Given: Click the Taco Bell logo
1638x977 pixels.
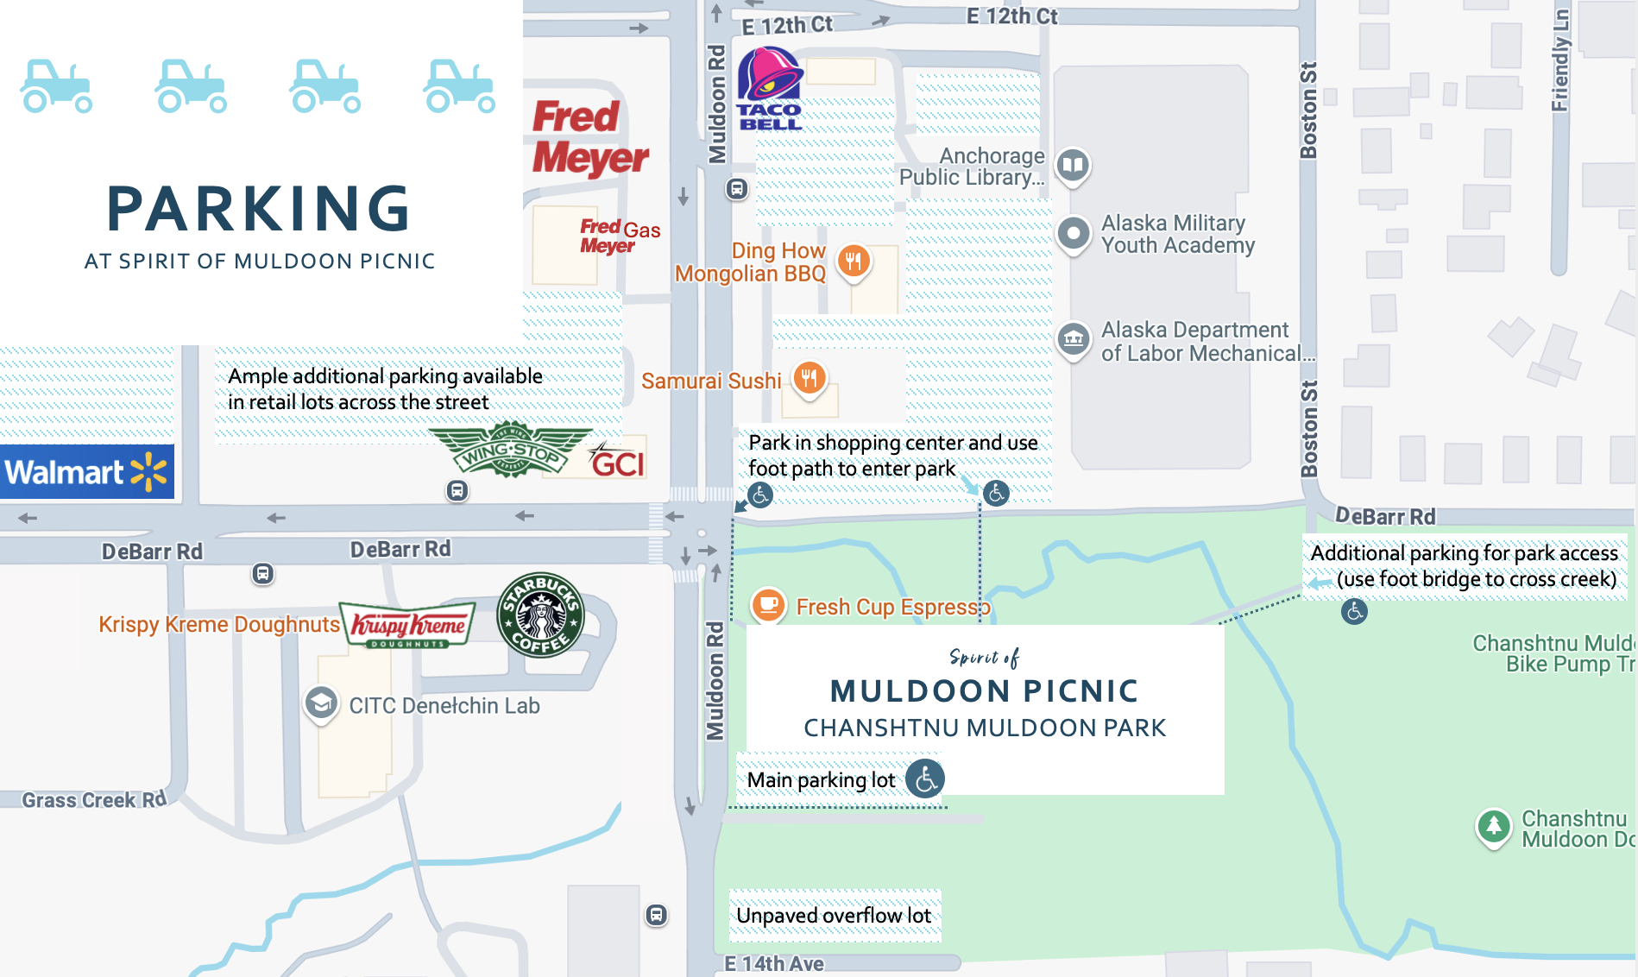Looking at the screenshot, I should [x=770, y=89].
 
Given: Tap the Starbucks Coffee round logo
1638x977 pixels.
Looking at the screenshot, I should [x=541, y=615].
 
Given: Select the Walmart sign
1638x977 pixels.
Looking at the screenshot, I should [x=86, y=472].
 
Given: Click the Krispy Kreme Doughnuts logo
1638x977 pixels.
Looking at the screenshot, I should [x=408, y=625].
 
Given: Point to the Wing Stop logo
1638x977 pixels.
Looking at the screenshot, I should [x=511, y=450].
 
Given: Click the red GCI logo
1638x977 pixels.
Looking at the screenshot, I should [x=617, y=462].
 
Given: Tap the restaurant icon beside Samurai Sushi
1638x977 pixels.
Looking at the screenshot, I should [x=810, y=377].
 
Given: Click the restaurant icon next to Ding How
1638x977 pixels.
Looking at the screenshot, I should [x=854, y=260].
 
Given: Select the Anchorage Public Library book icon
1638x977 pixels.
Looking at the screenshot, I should [x=1073, y=164].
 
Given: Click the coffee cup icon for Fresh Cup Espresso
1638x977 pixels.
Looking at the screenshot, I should [x=768, y=604].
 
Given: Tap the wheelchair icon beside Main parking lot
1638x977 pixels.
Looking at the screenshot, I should [x=925, y=778].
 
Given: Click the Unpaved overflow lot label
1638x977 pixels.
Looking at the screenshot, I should [x=834, y=916].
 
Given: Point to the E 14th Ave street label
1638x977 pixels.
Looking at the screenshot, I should [x=774, y=964].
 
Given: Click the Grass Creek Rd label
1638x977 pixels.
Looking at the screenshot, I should [x=93, y=800].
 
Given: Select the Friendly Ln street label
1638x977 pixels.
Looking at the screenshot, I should [x=1559, y=60].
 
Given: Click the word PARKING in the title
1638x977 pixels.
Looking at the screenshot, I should [x=259, y=210].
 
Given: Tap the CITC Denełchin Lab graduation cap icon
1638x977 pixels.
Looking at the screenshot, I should [x=321, y=703].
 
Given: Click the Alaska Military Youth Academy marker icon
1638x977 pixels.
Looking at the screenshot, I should [x=1074, y=233].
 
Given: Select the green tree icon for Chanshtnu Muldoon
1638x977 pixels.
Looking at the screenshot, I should [x=1493, y=826].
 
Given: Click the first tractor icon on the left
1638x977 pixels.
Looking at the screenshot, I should [x=56, y=86].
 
